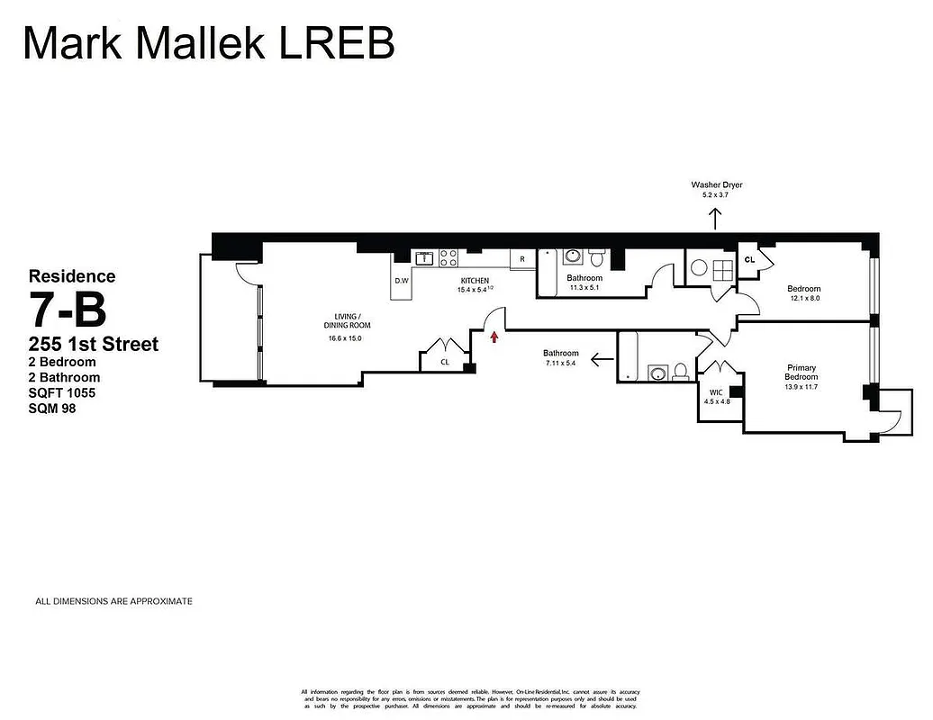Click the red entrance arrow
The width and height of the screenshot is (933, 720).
[494, 337]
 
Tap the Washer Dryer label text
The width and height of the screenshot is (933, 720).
[716, 184]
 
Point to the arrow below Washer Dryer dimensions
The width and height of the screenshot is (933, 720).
[716, 219]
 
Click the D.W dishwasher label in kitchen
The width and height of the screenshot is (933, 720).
[402, 281]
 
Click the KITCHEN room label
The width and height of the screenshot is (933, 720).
[475, 280]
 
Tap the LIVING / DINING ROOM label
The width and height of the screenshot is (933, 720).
[347, 320]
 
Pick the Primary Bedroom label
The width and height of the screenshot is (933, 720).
[801, 372]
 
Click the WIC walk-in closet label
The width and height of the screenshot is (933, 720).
[716, 391]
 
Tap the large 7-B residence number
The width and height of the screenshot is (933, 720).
[68, 310]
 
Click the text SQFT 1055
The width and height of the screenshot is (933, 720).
[62, 393]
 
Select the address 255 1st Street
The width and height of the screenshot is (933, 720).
[94, 344]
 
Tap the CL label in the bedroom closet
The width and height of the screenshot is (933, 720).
[749, 260]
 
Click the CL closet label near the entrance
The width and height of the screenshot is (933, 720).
[445, 362]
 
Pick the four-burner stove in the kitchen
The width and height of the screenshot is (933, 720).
[448, 259]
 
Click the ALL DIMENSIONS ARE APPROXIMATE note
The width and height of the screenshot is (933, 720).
[113, 601]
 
